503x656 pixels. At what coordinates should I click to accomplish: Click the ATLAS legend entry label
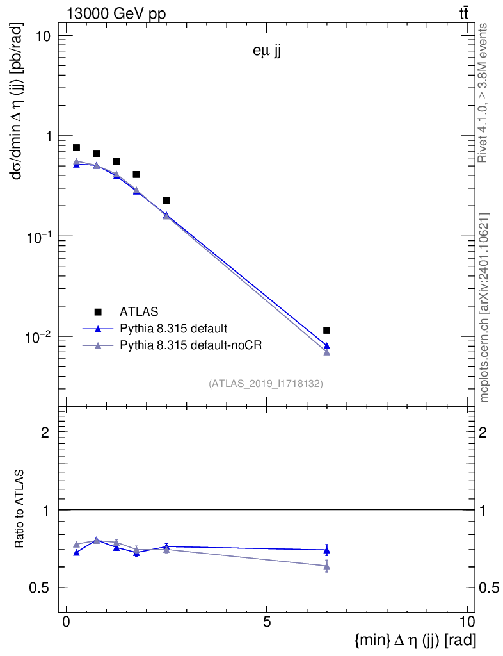pos(140,312)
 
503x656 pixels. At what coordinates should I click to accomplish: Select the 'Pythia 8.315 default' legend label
pos(173,329)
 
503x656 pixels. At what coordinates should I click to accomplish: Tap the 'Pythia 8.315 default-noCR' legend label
pos(191,345)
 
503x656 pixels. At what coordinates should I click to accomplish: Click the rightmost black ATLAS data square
pos(327,330)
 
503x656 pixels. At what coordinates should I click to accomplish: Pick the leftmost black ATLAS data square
pos(76,148)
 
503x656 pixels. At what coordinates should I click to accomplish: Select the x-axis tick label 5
pos(267,621)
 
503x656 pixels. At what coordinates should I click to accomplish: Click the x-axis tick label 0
pos(66,621)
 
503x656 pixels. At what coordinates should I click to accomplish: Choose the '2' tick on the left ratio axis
pos(45,432)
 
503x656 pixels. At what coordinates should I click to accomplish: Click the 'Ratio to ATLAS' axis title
pos(20,509)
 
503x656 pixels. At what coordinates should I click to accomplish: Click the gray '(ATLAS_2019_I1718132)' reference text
pos(266,384)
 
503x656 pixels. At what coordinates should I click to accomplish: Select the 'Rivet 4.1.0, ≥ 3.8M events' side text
pos(484,93)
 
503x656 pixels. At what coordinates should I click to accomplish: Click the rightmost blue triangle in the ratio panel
pos(327,550)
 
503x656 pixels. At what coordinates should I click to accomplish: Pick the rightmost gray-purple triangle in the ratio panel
pos(327,566)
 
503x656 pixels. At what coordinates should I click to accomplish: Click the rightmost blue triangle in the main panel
pos(327,346)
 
